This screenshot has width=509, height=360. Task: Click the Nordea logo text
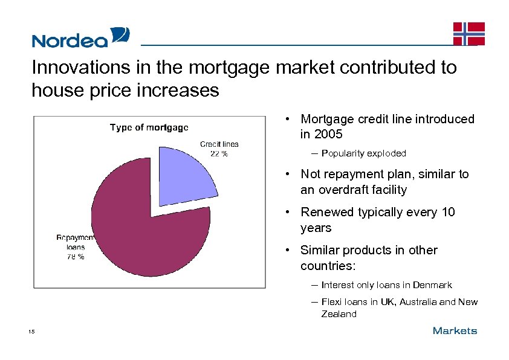[x=70, y=40]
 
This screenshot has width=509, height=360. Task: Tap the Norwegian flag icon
[x=469, y=33]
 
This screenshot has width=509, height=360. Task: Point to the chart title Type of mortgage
[x=149, y=127]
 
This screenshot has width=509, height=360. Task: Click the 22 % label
[x=218, y=153]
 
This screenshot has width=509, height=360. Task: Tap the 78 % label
[x=75, y=256]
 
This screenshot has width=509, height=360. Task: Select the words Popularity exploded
[x=363, y=153]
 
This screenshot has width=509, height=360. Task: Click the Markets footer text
[x=455, y=330]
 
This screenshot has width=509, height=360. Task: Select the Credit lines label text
[x=219, y=144]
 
